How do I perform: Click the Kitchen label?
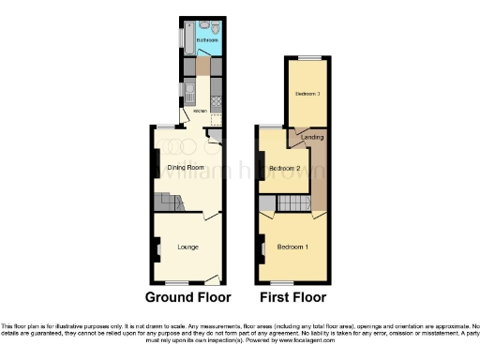click(199, 112)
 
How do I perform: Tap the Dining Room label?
click(186, 168)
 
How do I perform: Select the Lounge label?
click(187, 247)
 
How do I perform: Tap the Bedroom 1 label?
click(292, 247)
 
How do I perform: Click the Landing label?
click(312, 139)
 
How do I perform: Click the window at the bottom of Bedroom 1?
click(292, 282)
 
